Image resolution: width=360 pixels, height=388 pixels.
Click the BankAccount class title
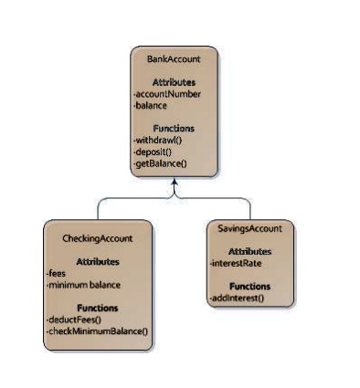click(174, 58)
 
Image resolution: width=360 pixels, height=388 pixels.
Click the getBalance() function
click(162, 163)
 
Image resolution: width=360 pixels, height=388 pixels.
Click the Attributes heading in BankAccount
click(174, 82)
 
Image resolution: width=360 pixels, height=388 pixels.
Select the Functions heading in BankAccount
click(174, 129)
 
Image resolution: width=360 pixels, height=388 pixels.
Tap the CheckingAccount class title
click(98, 237)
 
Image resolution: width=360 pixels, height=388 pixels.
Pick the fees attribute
click(56, 273)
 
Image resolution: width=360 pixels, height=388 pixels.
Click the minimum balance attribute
click(84, 284)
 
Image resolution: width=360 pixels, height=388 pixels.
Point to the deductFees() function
click(74, 320)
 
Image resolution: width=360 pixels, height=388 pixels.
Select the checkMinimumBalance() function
click(97, 330)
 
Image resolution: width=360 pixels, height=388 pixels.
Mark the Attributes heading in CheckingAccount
click(98, 261)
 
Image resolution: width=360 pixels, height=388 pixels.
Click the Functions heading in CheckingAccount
click(98, 308)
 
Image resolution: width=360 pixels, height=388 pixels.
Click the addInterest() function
click(237, 298)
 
